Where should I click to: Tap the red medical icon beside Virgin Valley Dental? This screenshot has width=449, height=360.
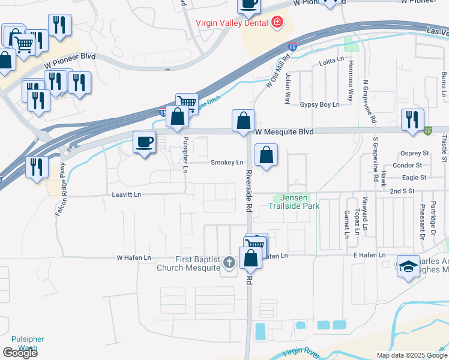click(x=277, y=23)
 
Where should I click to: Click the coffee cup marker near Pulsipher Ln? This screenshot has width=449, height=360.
click(x=143, y=143)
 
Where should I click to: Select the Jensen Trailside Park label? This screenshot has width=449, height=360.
click(x=297, y=202)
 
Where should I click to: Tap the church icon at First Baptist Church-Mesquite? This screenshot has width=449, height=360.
click(x=229, y=262)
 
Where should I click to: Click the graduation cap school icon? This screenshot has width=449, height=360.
click(x=408, y=267)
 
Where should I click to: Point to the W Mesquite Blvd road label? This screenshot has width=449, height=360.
click(x=285, y=131)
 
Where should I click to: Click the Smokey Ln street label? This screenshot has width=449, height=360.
click(x=227, y=163)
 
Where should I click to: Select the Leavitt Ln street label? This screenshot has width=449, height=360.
click(x=126, y=194)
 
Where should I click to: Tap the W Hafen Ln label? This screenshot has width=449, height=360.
click(x=133, y=257)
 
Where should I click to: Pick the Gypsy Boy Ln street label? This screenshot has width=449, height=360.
click(x=319, y=104)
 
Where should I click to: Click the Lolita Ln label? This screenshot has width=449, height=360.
click(x=332, y=61)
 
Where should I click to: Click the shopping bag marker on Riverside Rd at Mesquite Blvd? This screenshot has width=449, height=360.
click(x=243, y=121)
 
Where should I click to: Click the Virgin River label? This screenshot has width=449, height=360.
click(x=300, y=353)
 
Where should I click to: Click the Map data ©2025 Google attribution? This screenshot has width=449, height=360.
click(x=412, y=355)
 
